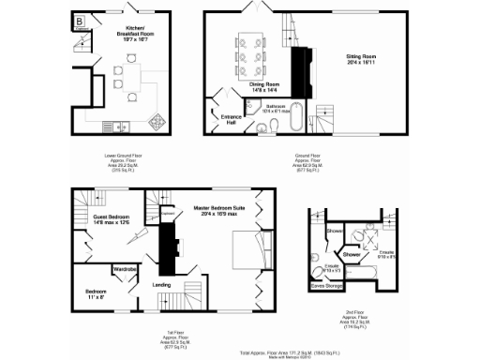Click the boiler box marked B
point(79,21)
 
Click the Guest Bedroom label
point(111,218)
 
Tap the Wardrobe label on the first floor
point(127,269)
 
